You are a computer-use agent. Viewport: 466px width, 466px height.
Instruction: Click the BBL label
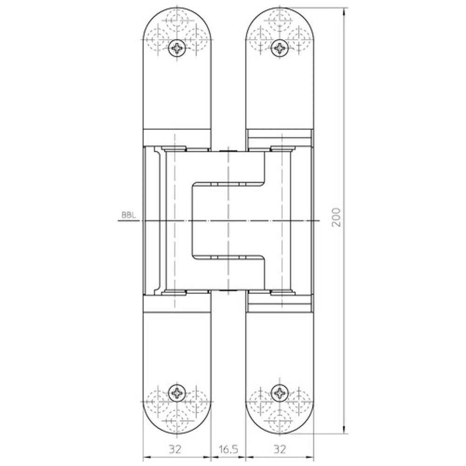coord(129,215)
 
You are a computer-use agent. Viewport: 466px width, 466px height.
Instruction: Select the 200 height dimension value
coord(336,217)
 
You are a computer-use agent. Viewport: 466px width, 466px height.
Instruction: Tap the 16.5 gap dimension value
coord(228,449)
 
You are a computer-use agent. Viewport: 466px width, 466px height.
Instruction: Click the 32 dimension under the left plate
coord(175,449)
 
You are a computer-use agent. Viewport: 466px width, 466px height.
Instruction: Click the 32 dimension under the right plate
coord(279,449)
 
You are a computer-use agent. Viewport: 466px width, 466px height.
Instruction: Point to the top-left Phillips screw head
coord(177,48)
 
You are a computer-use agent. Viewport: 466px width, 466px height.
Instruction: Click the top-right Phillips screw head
coord(280,47)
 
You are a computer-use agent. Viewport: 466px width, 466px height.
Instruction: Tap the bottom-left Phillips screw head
coord(177,393)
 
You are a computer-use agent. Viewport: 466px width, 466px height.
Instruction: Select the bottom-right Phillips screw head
coord(280,393)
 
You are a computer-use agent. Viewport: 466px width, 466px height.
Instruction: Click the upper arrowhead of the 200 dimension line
coord(344,12)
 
